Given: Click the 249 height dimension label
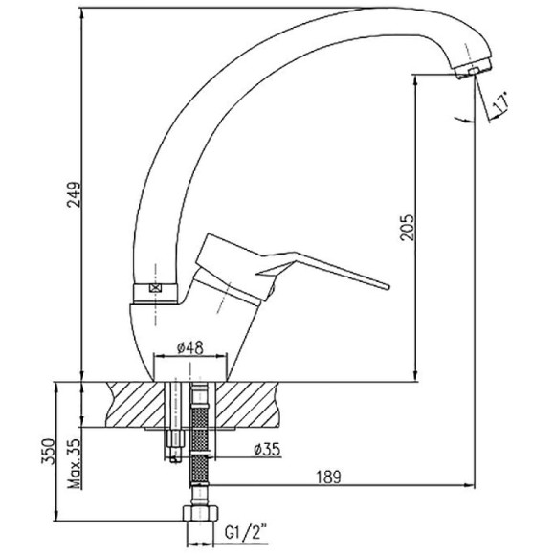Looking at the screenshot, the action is pos(75,194).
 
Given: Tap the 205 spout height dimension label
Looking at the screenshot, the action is pos(407,228).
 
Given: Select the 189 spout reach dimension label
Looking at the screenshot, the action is pos(328,477).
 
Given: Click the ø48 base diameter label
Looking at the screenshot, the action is pos(190,348).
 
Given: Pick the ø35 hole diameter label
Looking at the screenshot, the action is pos(267,450).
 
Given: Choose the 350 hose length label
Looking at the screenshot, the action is pos(48,452).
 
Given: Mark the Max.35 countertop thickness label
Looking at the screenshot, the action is pos(75,464).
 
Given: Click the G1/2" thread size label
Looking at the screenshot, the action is pos(246,533).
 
